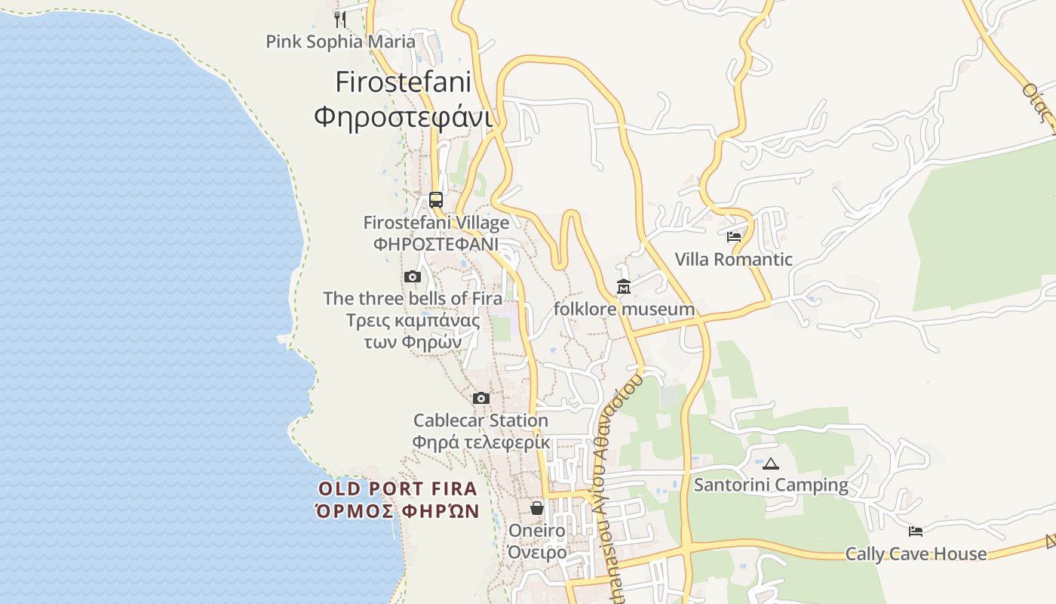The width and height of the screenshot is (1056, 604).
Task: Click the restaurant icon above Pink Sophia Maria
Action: pos(340,19)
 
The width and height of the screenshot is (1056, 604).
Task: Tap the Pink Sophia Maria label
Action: pos(340,42)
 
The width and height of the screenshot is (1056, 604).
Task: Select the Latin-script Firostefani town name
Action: pos(403,82)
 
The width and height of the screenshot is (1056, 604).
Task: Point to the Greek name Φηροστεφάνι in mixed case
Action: pos(403,117)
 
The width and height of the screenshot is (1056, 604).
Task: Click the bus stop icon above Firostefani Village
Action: pos(436,200)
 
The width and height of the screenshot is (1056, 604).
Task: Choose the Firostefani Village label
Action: pos(436,223)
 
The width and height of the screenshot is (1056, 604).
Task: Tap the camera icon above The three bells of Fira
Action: pos(412,277)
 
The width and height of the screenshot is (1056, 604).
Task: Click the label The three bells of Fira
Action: pos(413,298)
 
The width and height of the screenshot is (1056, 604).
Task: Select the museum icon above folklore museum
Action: pos(624,287)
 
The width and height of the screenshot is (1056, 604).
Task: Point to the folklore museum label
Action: pos(624,309)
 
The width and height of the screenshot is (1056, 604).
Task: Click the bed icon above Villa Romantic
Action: pos(733,237)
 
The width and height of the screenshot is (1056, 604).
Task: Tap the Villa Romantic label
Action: pos(733,260)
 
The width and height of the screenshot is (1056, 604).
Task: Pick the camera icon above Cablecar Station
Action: pos(480,398)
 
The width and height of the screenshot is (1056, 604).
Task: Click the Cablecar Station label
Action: pos(480,421)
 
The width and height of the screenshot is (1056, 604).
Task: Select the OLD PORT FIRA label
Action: pos(398,488)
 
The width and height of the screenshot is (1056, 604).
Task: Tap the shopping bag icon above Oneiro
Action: pos(537,507)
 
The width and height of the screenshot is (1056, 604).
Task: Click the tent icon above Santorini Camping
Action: pos(770,463)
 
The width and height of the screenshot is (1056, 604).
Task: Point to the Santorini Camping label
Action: pos(771,485)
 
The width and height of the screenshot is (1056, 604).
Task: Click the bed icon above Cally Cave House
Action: pos(916,532)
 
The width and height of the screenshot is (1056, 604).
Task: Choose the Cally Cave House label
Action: pos(916,554)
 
